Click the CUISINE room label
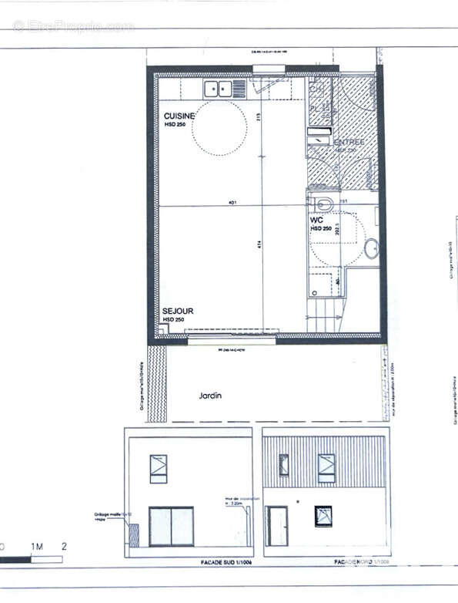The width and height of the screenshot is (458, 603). [179, 115]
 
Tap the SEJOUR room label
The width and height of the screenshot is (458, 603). [177, 311]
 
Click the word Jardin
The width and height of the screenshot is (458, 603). [210, 396]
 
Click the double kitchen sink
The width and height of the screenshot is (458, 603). [218, 89]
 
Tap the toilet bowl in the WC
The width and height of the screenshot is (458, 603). [323, 204]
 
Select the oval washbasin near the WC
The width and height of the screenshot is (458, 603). [371, 248]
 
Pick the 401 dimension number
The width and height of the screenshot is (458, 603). [232, 203]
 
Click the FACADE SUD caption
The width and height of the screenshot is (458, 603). [189, 563]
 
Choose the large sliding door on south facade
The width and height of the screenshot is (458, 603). [171, 526]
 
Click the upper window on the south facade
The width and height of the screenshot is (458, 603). [159, 468]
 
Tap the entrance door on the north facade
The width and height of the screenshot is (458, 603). [277, 526]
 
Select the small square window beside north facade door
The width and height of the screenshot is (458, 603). [323, 516]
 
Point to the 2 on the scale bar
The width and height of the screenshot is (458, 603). [65, 547]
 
